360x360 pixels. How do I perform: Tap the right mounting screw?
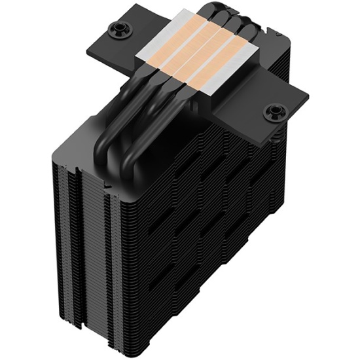coord(272,112)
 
